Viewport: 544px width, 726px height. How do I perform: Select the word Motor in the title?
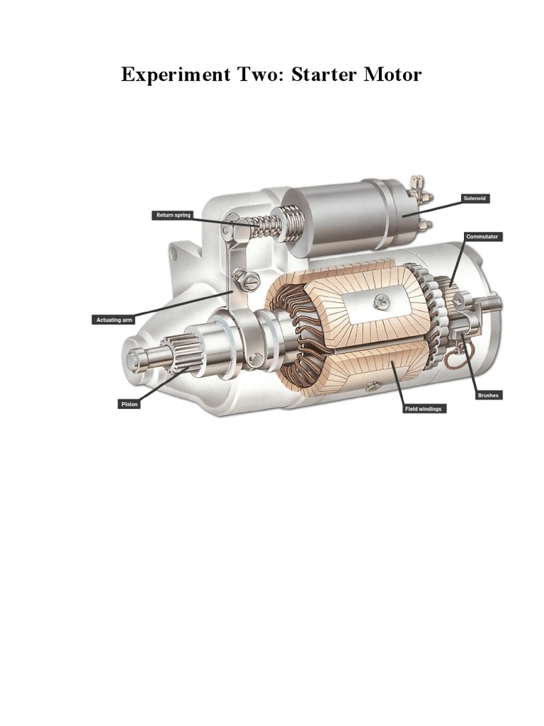(x=392, y=74)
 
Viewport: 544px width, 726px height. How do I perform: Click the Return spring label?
(x=173, y=215)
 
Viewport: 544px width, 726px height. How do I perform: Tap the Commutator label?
(x=483, y=236)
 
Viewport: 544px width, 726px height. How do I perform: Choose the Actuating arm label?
(x=115, y=320)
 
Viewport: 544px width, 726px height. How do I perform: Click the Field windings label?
(x=425, y=409)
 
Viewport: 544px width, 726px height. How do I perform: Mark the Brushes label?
(x=488, y=395)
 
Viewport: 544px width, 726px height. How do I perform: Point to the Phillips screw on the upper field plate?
(x=381, y=302)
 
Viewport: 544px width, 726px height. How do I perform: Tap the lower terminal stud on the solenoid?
(x=424, y=225)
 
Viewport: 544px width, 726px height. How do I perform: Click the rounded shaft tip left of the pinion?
(x=134, y=354)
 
